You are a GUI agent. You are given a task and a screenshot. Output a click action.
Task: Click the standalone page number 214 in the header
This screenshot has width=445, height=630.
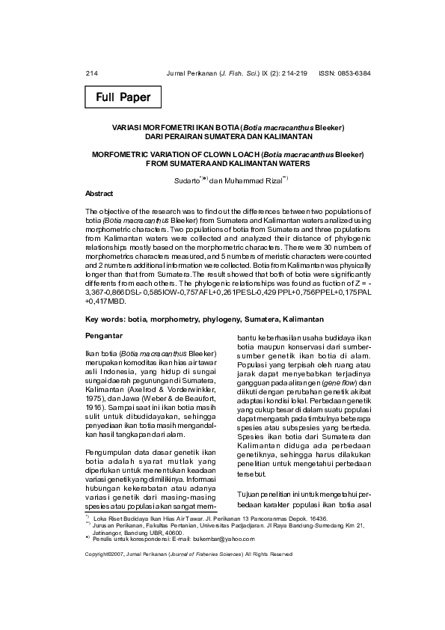click(92, 73)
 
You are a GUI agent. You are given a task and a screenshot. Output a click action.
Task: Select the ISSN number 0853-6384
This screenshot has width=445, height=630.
click(353, 73)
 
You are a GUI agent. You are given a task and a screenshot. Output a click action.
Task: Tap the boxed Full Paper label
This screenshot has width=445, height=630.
click(123, 97)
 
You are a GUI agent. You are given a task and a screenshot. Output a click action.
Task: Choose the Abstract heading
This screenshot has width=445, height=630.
click(99, 193)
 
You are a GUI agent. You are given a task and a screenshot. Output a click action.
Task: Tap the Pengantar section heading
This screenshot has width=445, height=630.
click(104, 336)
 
